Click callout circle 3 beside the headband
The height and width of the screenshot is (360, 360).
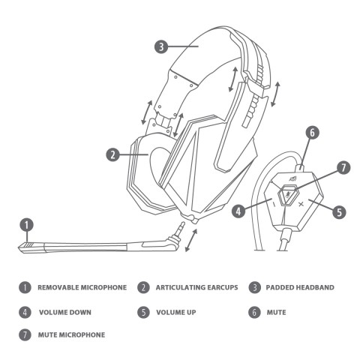click(x=161, y=46)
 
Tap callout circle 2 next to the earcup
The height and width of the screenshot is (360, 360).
click(x=113, y=154)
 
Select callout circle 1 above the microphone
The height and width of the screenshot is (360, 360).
click(x=27, y=225)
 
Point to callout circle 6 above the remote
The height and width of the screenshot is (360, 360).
click(x=312, y=133)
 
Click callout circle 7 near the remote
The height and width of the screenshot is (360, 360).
click(x=343, y=168)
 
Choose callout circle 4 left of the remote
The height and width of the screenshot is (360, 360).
click(x=238, y=211)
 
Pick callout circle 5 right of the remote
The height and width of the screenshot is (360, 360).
click(x=339, y=212)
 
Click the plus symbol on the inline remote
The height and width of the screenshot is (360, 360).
click(x=301, y=204)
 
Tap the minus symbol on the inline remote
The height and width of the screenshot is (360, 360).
click(x=274, y=205)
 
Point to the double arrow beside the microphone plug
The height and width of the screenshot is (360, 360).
click(x=191, y=240)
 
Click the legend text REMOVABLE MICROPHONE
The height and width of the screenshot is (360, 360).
click(x=82, y=287)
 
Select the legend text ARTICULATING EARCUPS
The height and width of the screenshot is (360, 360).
click(x=196, y=287)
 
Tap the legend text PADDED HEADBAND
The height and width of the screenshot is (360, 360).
click(x=300, y=287)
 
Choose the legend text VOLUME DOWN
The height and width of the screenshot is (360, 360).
click(x=65, y=312)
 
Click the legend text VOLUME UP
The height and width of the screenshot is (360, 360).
click(x=176, y=312)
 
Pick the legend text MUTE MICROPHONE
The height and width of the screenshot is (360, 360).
click(x=71, y=334)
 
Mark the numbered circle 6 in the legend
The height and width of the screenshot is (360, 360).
click(x=254, y=312)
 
